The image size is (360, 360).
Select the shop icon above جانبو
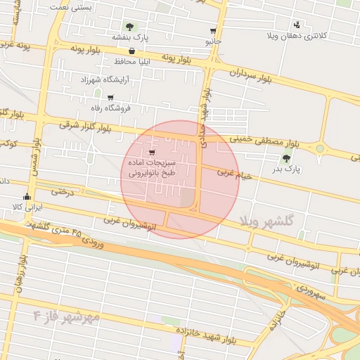[x=213, y=31]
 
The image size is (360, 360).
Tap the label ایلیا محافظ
[x=133, y=62]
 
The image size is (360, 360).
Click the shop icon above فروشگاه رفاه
[x=110, y=98]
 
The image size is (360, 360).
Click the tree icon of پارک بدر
[x=285, y=159]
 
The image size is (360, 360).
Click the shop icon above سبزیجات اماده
[x=153, y=152]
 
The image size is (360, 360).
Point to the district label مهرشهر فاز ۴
[x=66, y=317]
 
